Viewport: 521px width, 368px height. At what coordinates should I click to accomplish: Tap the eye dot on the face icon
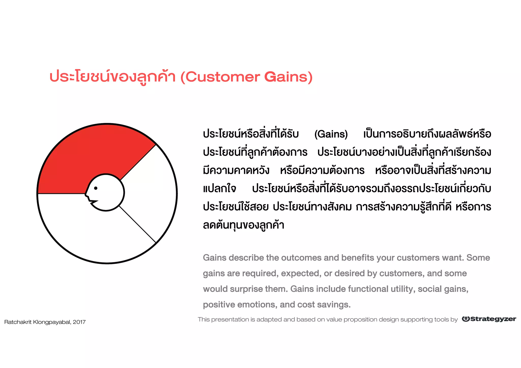[96, 188]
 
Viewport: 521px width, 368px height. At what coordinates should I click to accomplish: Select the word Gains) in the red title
[288, 77]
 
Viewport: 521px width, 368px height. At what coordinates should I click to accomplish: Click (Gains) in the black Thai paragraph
[331, 134]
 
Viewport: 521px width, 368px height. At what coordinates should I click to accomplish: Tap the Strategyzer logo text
[493, 319]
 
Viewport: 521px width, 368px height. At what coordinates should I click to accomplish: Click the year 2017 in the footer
[79, 322]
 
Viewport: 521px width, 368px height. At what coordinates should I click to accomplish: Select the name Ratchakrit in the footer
[18, 322]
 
